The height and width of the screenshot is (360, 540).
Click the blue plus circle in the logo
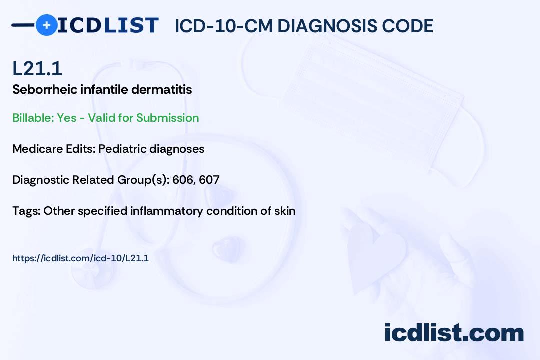tap(46, 25)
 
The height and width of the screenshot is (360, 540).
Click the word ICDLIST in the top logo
tap(108, 25)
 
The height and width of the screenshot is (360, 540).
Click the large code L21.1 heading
tap(37, 69)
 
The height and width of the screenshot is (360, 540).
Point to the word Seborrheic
tap(45, 90)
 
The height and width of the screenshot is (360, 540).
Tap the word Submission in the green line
tap(167, 118)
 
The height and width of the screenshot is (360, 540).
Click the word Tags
tap(26, 211)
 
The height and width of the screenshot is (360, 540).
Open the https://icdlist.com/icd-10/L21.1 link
tap(80, 258)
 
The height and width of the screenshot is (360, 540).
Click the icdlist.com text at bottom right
tap(454, 332)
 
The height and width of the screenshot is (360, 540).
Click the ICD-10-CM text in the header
tap(224, 26)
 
